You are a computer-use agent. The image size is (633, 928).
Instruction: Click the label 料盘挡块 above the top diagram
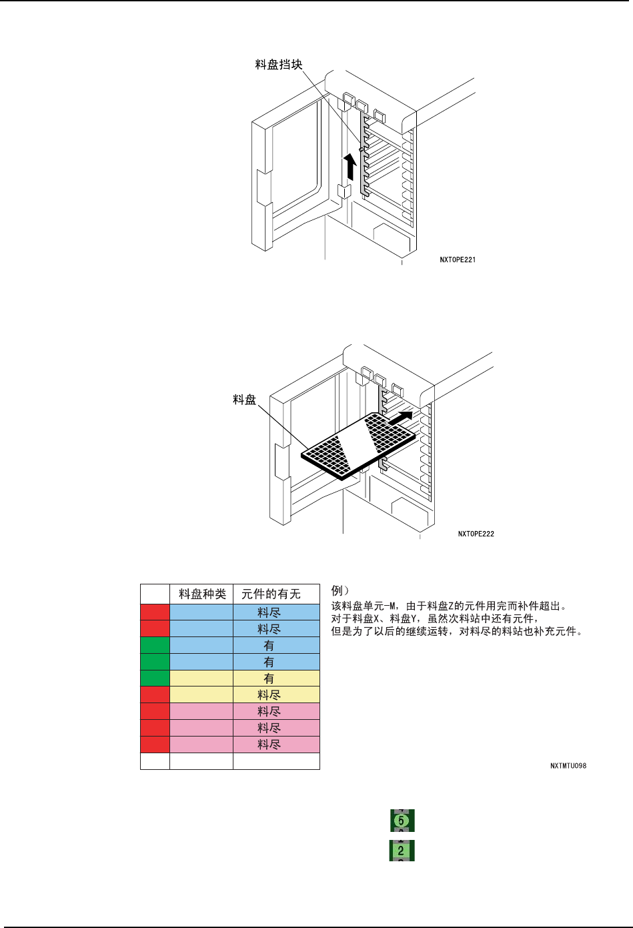(279, 65)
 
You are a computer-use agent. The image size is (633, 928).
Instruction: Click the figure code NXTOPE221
(458, 260)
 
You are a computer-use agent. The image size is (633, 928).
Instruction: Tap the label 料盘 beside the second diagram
(244, 400)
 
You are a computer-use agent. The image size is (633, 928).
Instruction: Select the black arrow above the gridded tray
(400, 418)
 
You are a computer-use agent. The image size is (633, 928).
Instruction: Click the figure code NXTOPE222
(476, 534)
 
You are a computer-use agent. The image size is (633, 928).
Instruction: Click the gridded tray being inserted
(359, 445)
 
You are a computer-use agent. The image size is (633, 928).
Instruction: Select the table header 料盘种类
(202, 594)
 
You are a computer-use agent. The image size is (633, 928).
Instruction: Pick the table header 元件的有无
(271, 594)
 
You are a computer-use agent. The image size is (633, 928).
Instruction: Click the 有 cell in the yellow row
(269, 678)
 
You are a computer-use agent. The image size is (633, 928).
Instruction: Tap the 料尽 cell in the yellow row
(269, 695)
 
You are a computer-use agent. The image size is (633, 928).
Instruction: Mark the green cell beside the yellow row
(155, 678)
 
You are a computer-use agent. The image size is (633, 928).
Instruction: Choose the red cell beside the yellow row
(155, 695)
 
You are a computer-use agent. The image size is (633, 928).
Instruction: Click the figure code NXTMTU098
(568, 766)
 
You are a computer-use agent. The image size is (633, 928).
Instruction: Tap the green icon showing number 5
(402, 820)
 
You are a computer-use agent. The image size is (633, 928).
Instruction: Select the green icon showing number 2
(402, 851)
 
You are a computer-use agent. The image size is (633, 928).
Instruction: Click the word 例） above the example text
(340, 590)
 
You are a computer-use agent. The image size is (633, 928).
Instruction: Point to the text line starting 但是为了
(458, 631)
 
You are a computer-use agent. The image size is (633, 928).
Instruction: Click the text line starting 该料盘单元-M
(449, 606)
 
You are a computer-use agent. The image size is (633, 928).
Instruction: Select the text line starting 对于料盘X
(434, 618)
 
